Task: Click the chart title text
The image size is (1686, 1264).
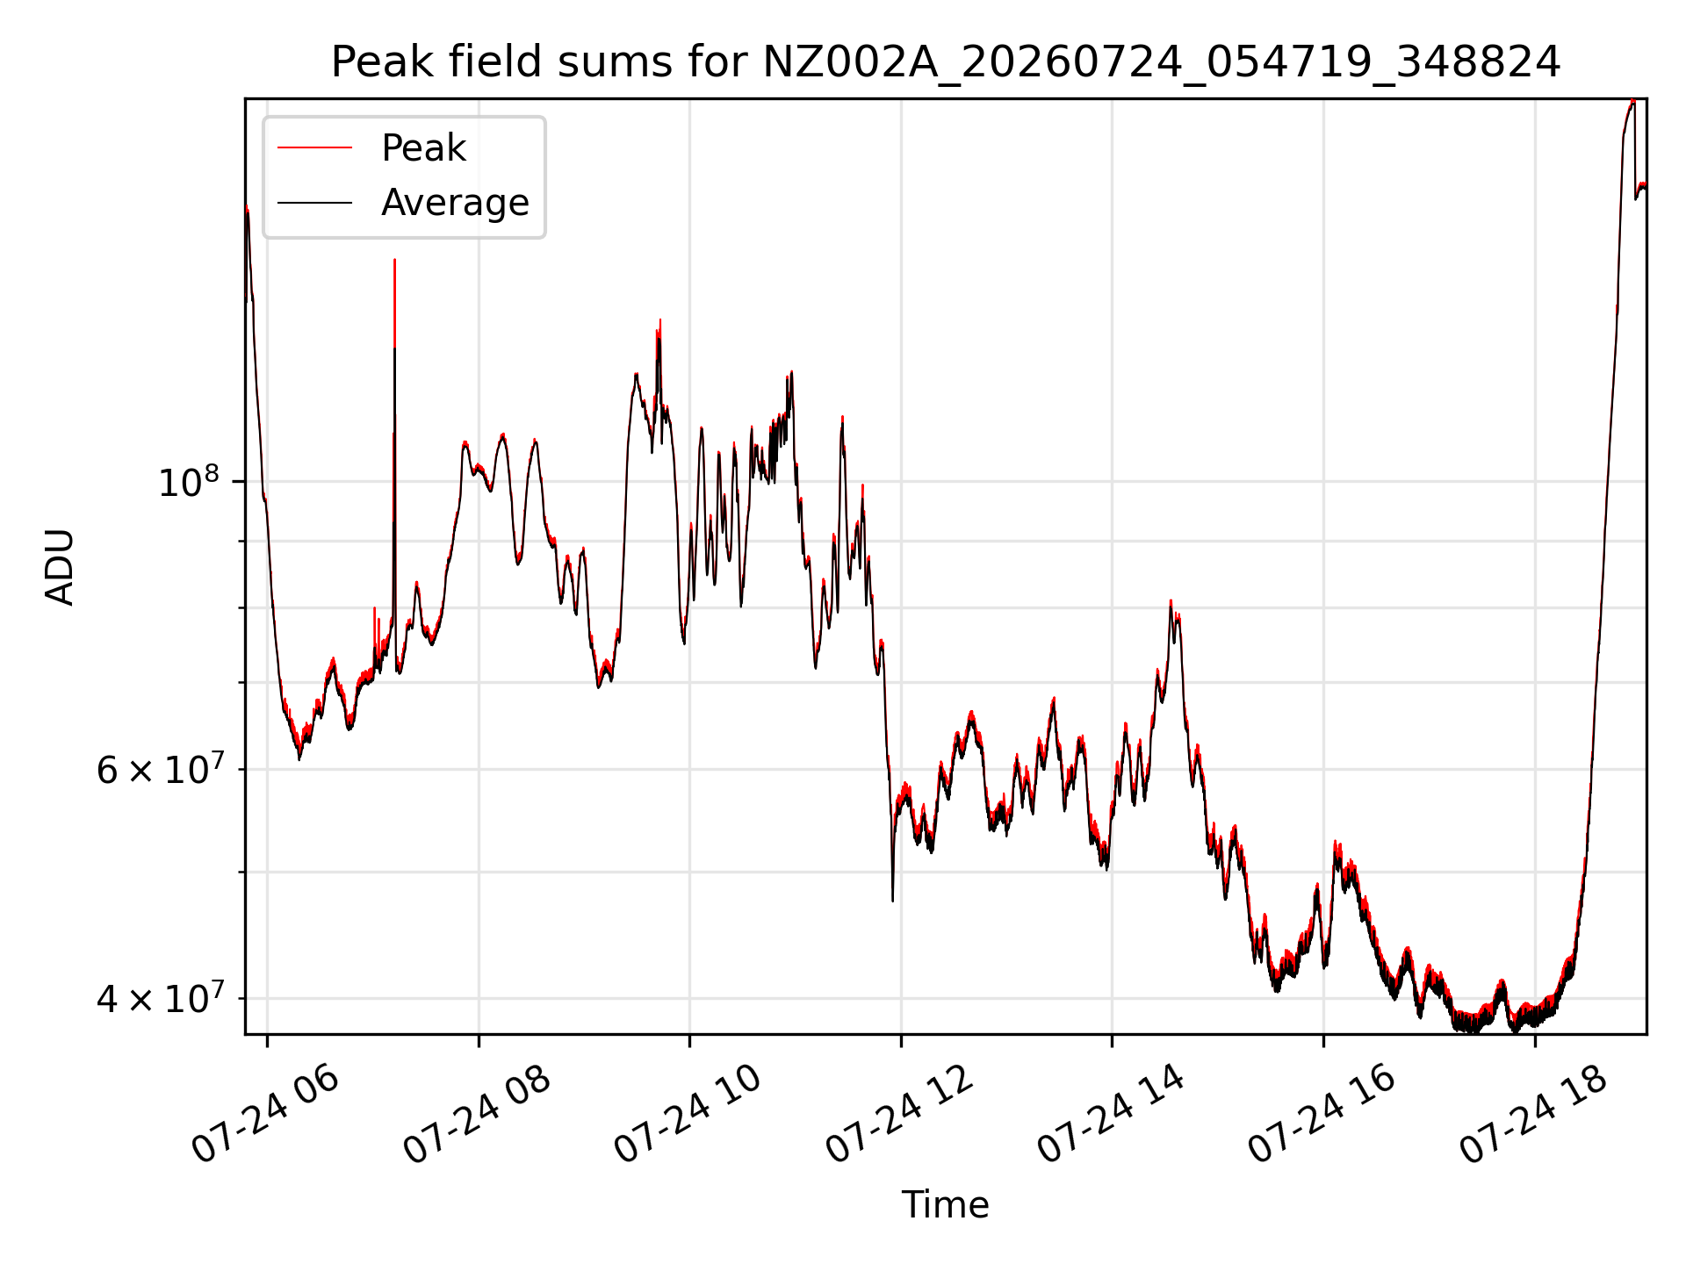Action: pos(946,62)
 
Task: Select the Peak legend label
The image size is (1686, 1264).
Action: pos(423,147)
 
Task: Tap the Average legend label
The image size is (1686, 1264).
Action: pos(455,203)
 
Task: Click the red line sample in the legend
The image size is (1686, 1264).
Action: pos(315,147)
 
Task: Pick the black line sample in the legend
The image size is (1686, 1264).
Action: pos(315,203)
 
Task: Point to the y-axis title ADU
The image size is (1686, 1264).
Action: pos(60,566)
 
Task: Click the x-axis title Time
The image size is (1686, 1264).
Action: pos(946,1205)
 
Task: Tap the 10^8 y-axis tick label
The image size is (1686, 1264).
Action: pos(187,482)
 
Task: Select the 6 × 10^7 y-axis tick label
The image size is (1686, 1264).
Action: pos(157,770)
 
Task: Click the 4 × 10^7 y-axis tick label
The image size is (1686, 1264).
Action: pos(157,998)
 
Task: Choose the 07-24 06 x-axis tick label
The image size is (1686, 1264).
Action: pos(264,1116)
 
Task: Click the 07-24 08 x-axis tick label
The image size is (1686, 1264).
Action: pos(476,1116)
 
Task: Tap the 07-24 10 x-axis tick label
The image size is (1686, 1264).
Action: pos(687,1116)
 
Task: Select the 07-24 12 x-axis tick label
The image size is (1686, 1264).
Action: pos(898,1116)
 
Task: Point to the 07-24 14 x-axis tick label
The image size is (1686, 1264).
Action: pos(1110,1116)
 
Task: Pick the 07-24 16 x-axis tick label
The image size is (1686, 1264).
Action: pos(1321,1116)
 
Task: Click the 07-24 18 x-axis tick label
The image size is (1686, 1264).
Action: pos(1532,1116)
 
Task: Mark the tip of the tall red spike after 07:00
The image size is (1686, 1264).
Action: pos(394,260)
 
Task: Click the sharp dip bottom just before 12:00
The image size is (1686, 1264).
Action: pos(893,901)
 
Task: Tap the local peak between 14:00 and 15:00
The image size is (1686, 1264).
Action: pos(1171,601)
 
